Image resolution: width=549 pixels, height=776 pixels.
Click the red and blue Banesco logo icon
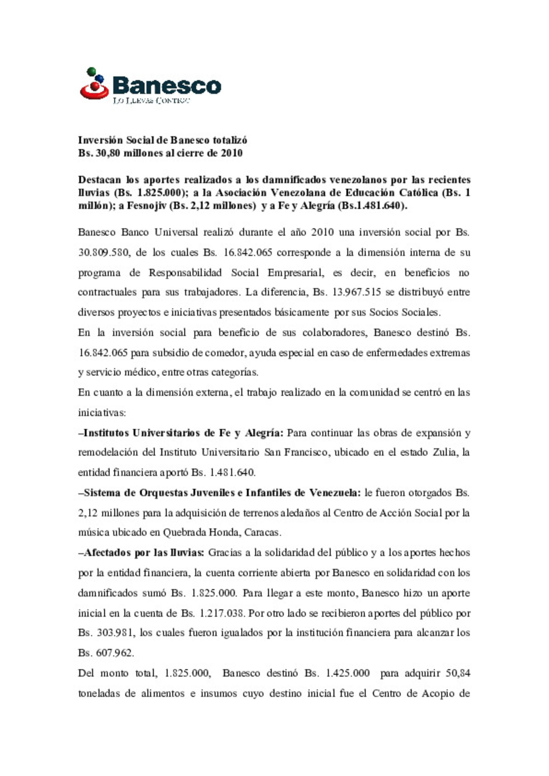click(x=94, y=84)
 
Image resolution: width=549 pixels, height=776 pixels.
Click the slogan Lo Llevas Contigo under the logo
click(x=151, y=101)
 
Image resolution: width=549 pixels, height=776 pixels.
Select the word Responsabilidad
click(x=185, y=273)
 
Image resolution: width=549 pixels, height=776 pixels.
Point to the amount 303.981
click(x=114, y=633)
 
